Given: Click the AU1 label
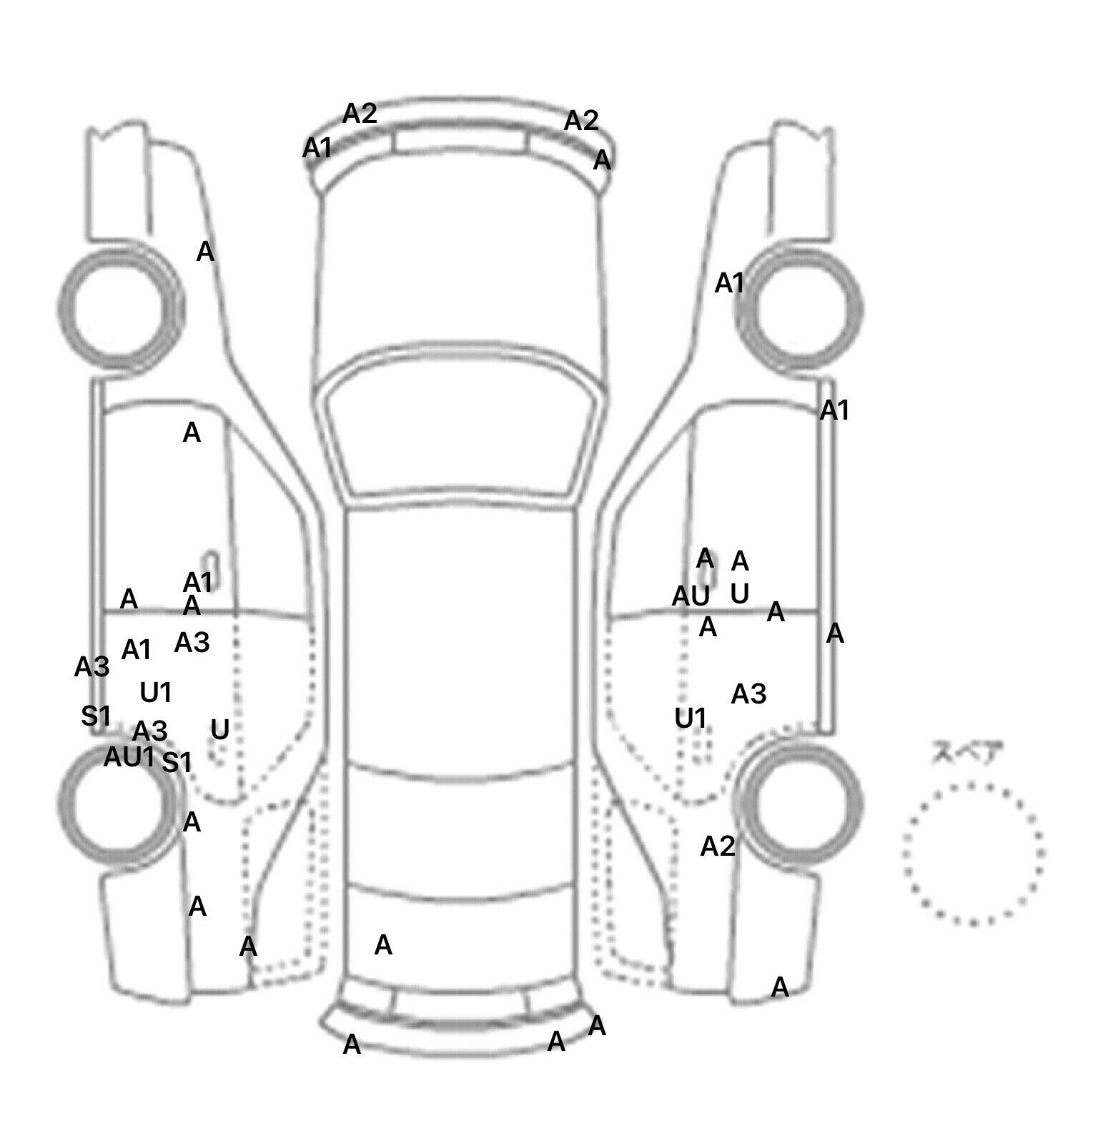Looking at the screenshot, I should tap(129, 757).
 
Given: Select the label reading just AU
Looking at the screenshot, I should tap(691, 596).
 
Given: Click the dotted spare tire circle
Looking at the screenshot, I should tap(973, 853).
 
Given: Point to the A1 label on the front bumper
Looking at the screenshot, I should tap(317, 149).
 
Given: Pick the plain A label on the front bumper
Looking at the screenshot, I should tap(603, 160).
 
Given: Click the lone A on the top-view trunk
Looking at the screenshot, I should tap(383, 945).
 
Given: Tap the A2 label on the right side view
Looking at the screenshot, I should tap(718, 846).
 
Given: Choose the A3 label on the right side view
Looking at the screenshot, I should tap(748, 693).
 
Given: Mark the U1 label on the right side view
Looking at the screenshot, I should tap(691, 718).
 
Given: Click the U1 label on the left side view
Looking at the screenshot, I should tap(156, 692).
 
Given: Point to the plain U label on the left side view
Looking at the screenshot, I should tap(220, 729).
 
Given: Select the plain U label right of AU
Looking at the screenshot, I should tap(740, 593).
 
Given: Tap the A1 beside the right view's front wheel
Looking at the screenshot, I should tap(730, 284).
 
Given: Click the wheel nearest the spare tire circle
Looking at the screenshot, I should tap(801, 802).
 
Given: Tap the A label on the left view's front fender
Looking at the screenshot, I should tap(205, 252).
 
